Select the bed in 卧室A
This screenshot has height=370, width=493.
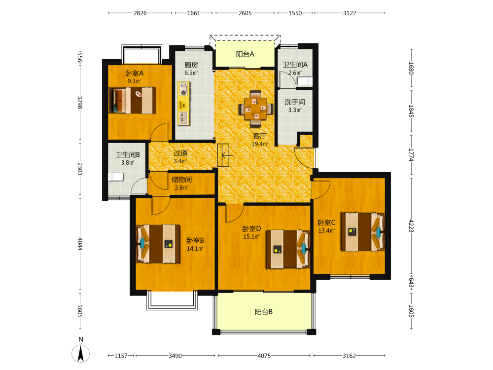132,100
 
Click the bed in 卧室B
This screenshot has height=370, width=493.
158,244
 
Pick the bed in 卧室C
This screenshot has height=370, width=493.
362,232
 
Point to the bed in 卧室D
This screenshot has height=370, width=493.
288,249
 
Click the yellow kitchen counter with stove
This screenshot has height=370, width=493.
183,103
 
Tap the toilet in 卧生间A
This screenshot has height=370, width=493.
305,81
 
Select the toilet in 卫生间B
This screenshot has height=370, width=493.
116,177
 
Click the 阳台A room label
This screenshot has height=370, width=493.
245,54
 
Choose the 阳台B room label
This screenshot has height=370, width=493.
263,312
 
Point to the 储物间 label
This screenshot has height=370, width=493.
181,180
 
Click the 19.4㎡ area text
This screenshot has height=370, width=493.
260,144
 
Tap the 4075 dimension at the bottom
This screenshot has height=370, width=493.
264,356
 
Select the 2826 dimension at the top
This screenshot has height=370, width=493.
140,13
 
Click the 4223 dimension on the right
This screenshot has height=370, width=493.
411,226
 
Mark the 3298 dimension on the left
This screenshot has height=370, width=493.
80,102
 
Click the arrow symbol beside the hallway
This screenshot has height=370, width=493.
227,155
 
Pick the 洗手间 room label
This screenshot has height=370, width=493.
295,102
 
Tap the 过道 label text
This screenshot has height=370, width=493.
180,153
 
